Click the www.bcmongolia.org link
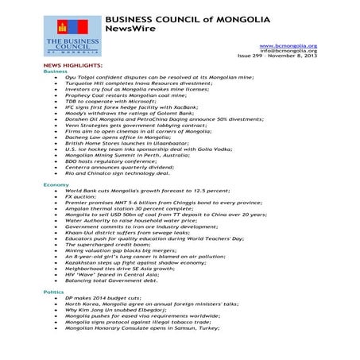click(294, 46)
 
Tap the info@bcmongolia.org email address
click(294, 52)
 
